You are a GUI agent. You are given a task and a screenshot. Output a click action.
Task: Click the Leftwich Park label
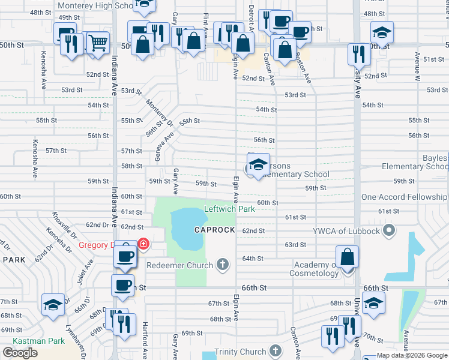click(229, 209)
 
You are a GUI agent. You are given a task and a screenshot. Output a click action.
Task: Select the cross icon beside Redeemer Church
click(223, 265)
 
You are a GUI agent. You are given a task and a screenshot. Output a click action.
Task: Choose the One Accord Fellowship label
click(405, 197)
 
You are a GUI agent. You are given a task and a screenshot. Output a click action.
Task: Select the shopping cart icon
click(98, 43)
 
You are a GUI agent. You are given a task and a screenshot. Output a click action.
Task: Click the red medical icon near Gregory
click(143, 244)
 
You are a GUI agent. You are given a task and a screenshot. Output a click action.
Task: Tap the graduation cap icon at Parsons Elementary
click(258, 165)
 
